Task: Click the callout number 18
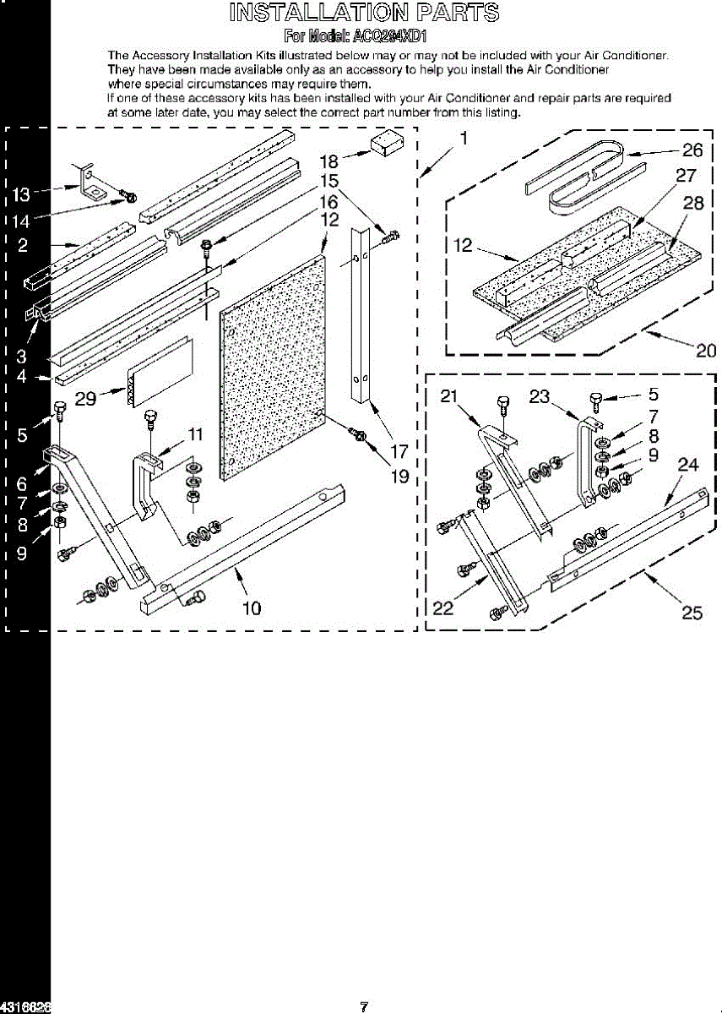pyautogui.click(x=328, y=161)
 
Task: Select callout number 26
pyautogui.click(x=692, y=151)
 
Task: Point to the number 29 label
pyautogui.click(x=85, y=400)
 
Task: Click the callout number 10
pyautogui.click(x=251, y=608)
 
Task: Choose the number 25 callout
pyautogui.click(x=692, y=613)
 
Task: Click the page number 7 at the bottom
pyautogui.click(x=364, y=1006)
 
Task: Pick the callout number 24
pyautogui.click(x=688, y=464)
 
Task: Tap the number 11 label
pyautogui.click(x=195, y=434)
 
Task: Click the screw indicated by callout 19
pyautogui.click(x=358, y=434)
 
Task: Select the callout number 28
pyautogui.click(x=692, y=203)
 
